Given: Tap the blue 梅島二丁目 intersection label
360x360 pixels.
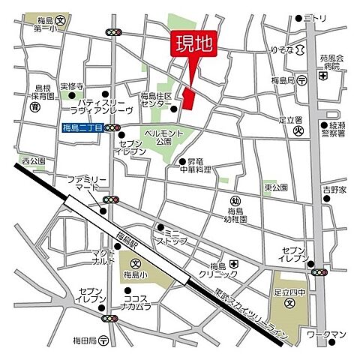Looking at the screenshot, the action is click(x=82, y=128).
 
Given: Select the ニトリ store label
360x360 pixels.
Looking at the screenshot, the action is click(x=315, y=18).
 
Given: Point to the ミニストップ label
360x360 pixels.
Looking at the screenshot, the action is click(x=177, y=236).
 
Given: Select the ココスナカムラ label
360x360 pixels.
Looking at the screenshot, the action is click(x=137, y=301).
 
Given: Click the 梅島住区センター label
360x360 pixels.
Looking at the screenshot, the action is click(x=156, y=100).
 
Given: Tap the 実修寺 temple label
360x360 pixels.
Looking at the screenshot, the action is click(x=73, y=86).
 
